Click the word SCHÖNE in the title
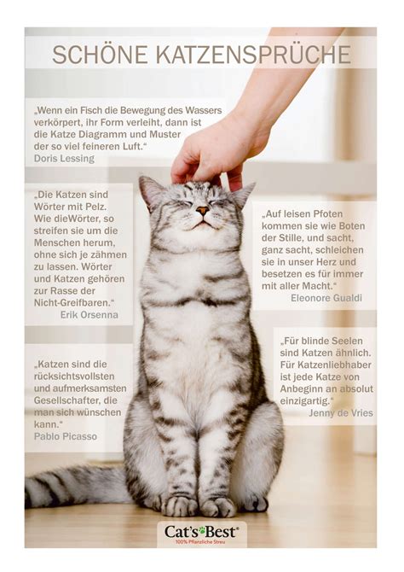(100, 55)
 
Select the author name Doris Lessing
(64, 158)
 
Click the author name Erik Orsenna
(89, 314)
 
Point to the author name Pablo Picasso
(66, 436)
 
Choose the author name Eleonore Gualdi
(326, 298)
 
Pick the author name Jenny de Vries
(341, 413)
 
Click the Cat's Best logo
(202, 534)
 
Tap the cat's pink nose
(202, 210)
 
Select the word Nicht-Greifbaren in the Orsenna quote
(73, 303)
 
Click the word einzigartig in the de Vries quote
(304, 401)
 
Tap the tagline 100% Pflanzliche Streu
(200, 542)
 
